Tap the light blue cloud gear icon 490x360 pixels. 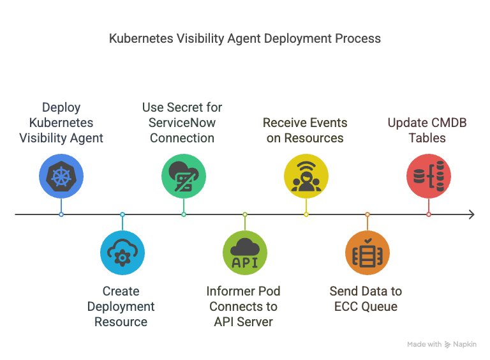click(122, 253)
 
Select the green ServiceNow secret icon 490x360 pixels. click(183, 176)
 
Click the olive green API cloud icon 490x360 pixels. click(244, 253)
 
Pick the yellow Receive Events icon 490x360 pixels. click(306, 176)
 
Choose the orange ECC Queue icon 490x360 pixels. click(367, 253)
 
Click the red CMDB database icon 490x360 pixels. click(428, 176)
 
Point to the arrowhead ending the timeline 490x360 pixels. click(471, 214)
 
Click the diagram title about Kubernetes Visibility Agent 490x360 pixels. click(245, 38)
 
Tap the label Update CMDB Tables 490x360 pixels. click(427, 130)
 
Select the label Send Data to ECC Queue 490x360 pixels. click(366, 299)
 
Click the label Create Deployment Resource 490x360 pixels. click(121, 306)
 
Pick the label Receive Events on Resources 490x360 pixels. click(305, 130)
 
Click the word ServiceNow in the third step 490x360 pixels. click(182, 123)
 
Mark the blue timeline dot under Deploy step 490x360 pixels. click(61, 214)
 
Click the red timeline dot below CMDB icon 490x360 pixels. click(428, 214)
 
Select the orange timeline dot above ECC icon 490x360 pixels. click(367, 214)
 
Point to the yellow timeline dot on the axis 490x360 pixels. click(306, 214)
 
